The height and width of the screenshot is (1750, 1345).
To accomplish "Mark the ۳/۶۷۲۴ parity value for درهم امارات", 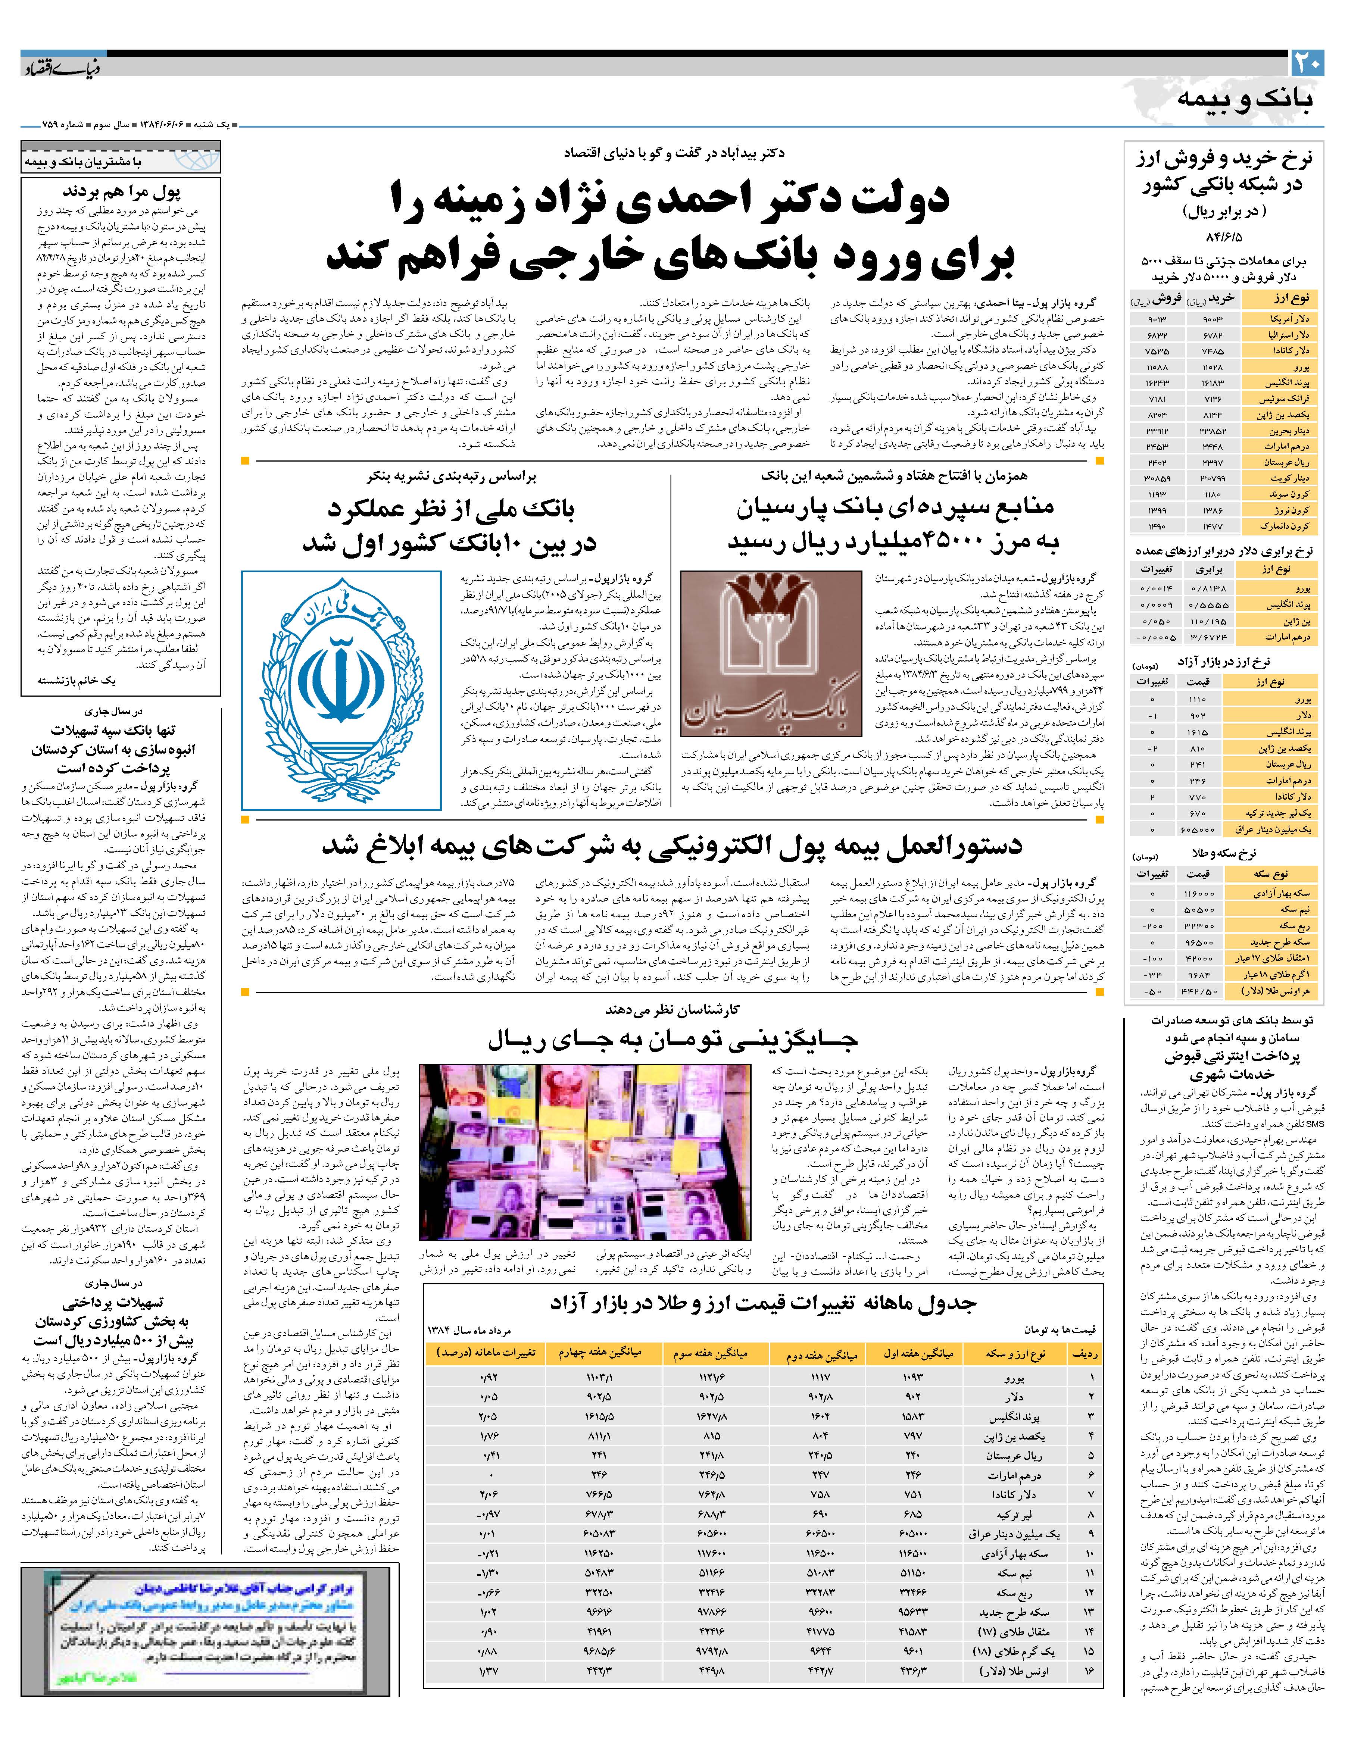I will pyautogui.click(x=1209, y=637).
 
